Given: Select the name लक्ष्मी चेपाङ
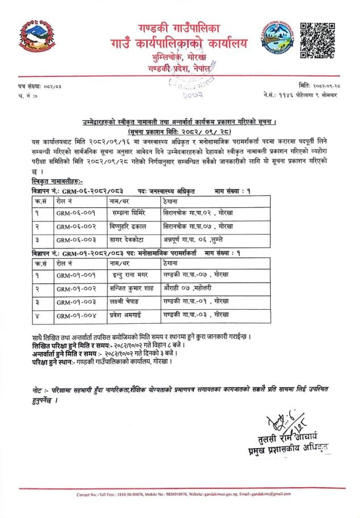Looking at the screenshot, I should point(128,302).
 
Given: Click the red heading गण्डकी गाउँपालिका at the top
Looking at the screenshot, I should point(179,28).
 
